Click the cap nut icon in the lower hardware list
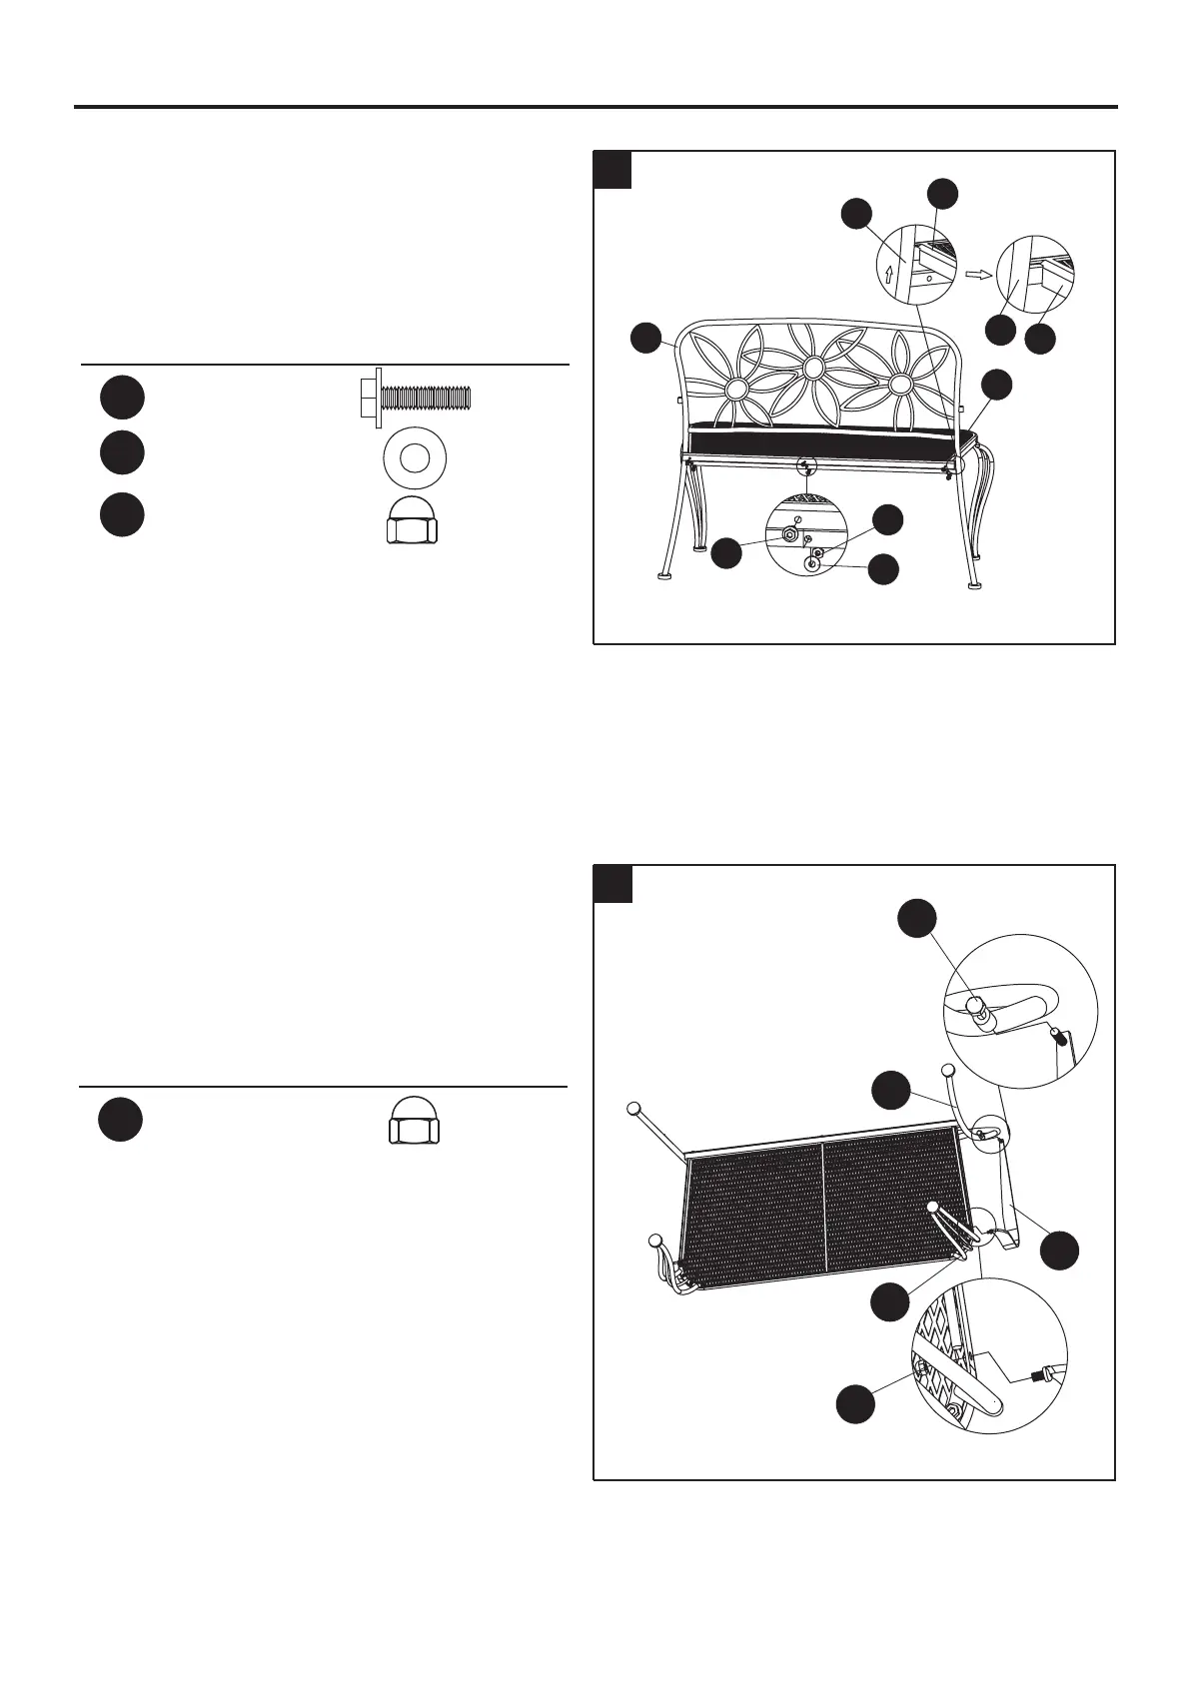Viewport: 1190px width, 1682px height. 415,1121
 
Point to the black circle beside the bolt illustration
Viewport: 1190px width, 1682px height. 121,398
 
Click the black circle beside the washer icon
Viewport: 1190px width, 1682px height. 121,453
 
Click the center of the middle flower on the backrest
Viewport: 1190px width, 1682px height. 815,369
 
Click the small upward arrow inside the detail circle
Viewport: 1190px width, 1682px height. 888,272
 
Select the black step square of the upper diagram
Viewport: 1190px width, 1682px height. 612,170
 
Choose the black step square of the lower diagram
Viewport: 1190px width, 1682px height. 612,884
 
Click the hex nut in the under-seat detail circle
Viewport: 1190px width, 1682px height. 787,535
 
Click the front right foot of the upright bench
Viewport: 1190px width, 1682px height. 973,586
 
